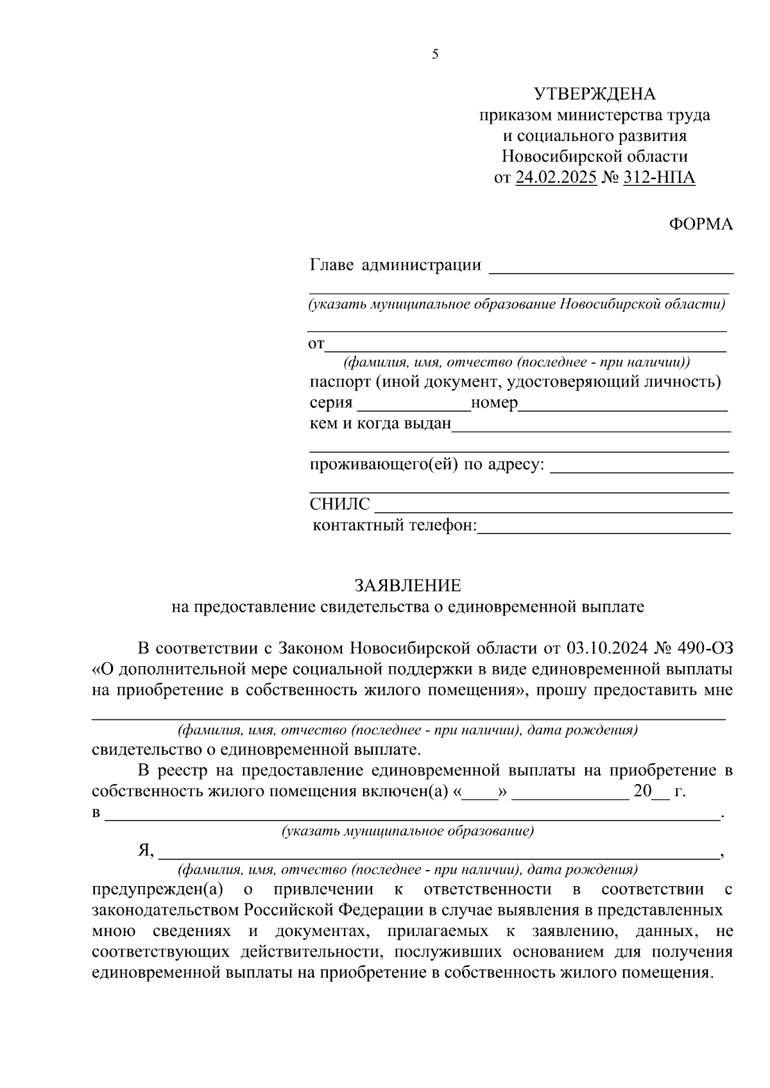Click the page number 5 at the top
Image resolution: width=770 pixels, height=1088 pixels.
pyautogui.click(x=435, y=55)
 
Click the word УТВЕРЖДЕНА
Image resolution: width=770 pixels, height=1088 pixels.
pyautogui.click(x=595, y=94)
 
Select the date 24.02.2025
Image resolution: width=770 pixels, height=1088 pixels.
pyautogui.click(x=556, y=177)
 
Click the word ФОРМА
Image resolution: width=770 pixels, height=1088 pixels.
pyautogui.click(x=701, y=224)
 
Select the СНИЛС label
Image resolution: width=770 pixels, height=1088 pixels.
pyautogui.click(x=339, y=505)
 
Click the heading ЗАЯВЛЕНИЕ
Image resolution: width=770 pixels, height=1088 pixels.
pyautogui.click(x=408, y=585)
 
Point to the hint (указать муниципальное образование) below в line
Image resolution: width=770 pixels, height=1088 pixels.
pyautogui.click(x=407, y=832)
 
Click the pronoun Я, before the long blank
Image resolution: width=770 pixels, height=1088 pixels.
pyautogui.click(x=146, y=851)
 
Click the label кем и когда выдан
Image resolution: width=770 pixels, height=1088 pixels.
pyautogui.click(x=381, y=424)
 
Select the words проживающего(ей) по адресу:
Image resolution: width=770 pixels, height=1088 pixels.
pyautogui.click(x=427, y=464)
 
